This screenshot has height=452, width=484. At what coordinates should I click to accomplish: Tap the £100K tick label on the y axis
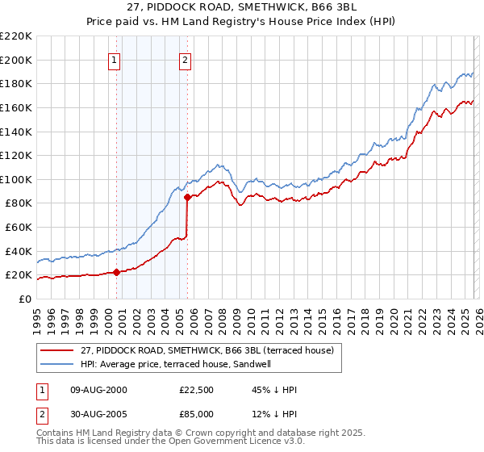16,179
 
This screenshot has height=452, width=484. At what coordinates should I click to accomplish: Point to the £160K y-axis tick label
16,107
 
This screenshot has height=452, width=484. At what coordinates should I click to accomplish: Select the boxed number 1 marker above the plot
115,60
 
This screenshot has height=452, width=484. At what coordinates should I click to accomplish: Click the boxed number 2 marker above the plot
186,60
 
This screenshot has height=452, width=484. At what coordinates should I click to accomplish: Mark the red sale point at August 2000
116,272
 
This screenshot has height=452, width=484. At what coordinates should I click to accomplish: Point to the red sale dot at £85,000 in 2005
188,196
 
